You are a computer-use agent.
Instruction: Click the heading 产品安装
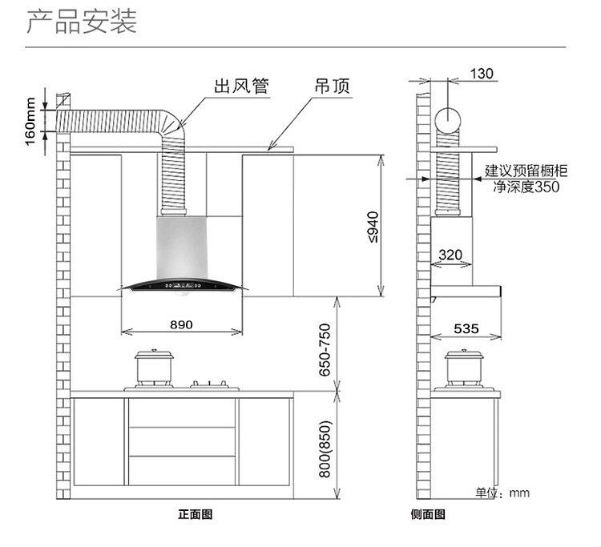[82, 22]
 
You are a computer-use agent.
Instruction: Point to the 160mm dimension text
[30, 121]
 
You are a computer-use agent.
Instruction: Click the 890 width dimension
[181, 324]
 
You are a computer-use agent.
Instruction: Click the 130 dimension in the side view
[481, 74]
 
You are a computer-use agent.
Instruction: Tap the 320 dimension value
[451, 255]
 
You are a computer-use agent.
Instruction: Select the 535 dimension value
[466, 328]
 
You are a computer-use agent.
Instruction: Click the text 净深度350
[526, 187]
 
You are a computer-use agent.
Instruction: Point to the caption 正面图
[195, 514]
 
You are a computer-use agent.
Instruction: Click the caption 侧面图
[427, 514]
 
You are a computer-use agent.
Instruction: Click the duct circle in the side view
[449, 120]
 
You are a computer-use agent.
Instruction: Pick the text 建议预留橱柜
[526, 171]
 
